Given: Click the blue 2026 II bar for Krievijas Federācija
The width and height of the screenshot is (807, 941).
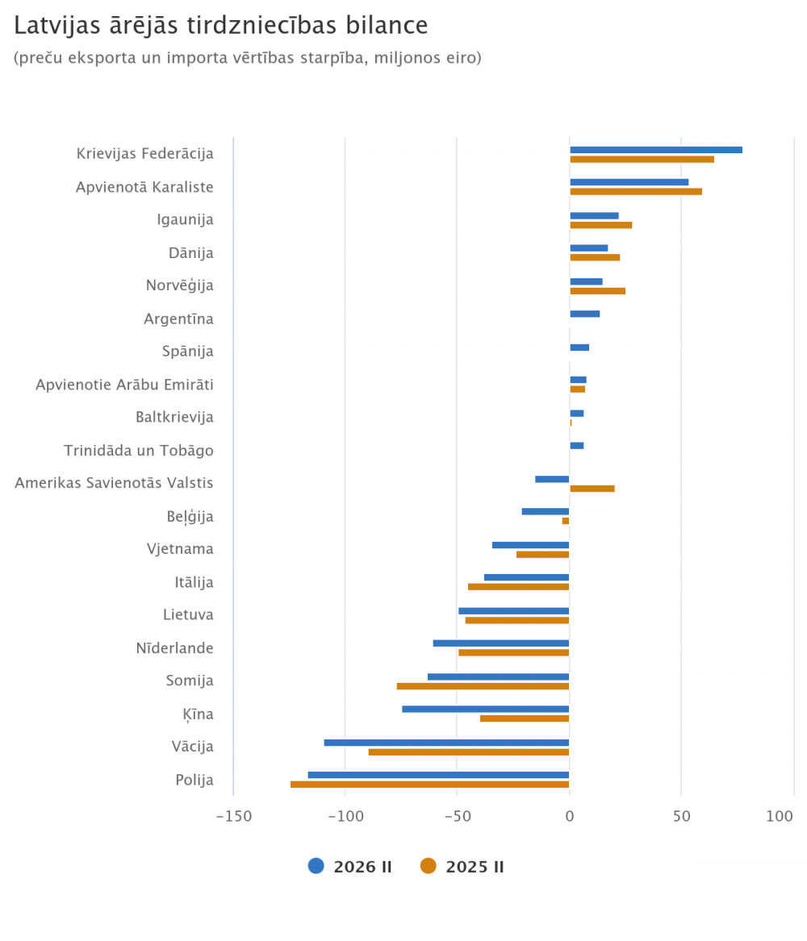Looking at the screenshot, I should tap(655, 150).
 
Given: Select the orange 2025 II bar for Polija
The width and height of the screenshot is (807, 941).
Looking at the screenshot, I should tap(429, 785).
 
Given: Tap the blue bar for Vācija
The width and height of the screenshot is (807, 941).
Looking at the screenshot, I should tap(446, 743).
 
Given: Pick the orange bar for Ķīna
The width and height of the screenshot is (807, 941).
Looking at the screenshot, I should tap(525, 718).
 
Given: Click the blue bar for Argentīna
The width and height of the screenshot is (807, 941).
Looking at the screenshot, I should tap(584, 314).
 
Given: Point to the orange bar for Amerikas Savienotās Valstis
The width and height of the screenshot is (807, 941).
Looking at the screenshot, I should tap(592, 489).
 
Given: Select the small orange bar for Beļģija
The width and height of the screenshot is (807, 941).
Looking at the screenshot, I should tap(566, 521).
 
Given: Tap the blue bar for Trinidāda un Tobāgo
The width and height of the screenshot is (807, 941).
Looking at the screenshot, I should tap(576, 445).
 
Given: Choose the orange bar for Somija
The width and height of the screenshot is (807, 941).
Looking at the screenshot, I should tap(483, 686).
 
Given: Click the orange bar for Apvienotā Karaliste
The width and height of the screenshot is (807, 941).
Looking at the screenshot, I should tap(635, 192).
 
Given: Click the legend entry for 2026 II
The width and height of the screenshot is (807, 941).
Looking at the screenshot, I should tap(350, 867).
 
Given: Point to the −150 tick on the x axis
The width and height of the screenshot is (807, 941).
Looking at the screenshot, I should tap(234, 817).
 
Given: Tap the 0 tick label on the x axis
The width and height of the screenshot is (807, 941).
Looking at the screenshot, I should tap(570, 817).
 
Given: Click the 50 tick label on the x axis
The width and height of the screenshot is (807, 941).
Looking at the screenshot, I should tap(682, 817).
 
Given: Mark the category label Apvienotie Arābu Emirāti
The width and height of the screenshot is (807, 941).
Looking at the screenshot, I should tap(124, 384).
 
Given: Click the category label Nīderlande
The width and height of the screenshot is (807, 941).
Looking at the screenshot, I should tap(174, 647).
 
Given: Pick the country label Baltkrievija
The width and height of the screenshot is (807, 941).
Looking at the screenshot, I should tap(174, 417).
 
